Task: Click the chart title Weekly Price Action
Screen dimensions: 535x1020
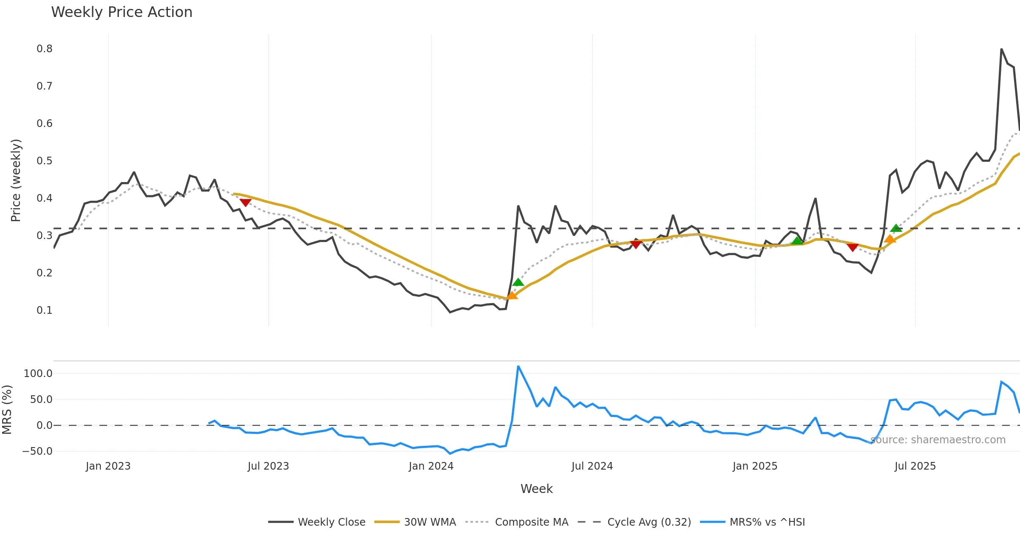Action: click(x=122, y=12)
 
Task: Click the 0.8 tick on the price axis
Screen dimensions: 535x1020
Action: click(x=45, y=49)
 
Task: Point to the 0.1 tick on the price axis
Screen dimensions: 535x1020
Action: click(x=45, y=310)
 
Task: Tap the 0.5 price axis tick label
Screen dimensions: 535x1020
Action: click(x=45, y=161)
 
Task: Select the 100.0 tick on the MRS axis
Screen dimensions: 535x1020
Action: click(x=38, y=374)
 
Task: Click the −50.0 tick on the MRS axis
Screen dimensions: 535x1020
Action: click(x=37, y=451)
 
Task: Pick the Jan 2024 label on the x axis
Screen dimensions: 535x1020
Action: click(x=431, y=466)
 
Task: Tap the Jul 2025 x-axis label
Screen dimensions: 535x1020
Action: click(x=915, y=466)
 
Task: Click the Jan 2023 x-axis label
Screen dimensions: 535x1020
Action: click(x=108, y=466)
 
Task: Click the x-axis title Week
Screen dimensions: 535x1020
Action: click(x=536, y=489)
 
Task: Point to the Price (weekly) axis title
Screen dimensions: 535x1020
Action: click(x=16, y=180)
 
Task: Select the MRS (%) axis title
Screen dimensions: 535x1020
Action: click(x=7, y=410)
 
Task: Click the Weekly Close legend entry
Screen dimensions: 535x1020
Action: click(x=331, y=522)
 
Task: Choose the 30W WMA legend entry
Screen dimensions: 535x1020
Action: click(x=430, y=522)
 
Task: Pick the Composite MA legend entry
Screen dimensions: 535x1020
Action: click(x=531, y=522)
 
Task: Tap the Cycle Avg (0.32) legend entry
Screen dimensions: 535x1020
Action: click(x=649, y=522)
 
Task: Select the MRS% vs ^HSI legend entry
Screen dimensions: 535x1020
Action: click(x=767, y=522)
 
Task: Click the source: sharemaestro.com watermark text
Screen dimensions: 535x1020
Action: click(x=938, y=440)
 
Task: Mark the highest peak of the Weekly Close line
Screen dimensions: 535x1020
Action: click(x=1001, y=49)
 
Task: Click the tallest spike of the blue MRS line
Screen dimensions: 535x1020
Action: click(x=518, y=366)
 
